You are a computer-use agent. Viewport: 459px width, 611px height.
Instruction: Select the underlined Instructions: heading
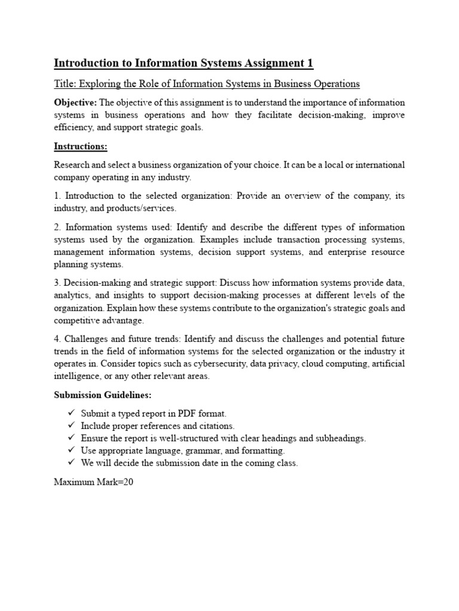[x=81, y=146]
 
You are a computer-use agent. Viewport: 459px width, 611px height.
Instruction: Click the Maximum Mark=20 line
[x=93, y=482]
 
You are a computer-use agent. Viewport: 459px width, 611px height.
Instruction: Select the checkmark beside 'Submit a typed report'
[x=71, y=413]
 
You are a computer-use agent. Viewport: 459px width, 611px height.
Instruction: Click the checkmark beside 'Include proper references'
[x=71, y=425]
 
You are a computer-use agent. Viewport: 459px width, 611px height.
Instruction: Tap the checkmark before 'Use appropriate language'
[x=71, y=450]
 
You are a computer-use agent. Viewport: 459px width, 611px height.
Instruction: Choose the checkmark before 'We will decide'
[x=71, y=463]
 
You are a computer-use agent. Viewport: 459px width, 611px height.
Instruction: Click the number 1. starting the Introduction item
[x=57, y=196]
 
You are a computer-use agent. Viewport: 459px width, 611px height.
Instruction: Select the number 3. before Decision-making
[x=57, y=283]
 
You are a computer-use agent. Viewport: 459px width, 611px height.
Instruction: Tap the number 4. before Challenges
[x=57, y=339]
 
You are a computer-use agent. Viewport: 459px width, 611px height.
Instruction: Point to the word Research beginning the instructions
[x=72, y=165]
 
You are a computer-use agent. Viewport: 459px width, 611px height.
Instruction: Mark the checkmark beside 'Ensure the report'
[x=71, y=438]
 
